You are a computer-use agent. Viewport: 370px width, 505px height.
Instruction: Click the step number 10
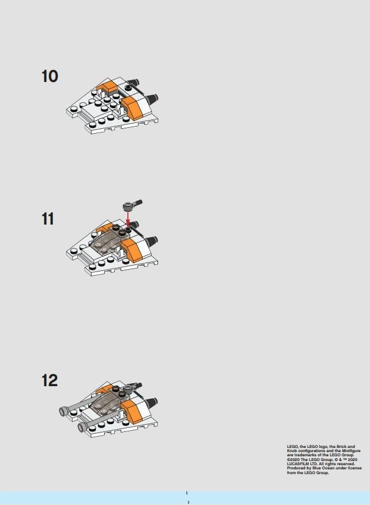(50, 77)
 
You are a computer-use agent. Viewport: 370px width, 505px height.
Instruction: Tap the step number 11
(48, 219)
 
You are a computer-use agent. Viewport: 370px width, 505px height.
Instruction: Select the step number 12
(50, 380)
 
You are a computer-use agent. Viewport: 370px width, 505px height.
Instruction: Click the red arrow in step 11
(128, 219)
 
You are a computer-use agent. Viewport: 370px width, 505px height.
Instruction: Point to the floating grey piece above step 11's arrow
(133, 204)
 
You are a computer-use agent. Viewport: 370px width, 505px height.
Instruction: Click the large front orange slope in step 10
(133, 108)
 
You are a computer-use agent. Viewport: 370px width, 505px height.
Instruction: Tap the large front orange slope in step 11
(133, 250)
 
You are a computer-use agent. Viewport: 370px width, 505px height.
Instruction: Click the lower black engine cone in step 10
(151, 99)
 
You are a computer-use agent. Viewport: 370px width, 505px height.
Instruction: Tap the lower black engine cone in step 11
(151, 241)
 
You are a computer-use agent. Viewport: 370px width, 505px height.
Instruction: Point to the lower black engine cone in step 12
(151, 403)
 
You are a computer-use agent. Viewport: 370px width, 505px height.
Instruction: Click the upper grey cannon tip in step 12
(64, 411)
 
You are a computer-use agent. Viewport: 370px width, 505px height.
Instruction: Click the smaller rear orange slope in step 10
(106, 87)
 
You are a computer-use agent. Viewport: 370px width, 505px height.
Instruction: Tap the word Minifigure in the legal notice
(350, 451)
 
